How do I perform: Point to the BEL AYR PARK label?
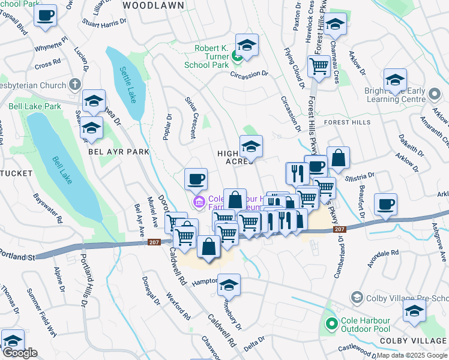point(118,152)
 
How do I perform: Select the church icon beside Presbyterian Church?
point(74,84)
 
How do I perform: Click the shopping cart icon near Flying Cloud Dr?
point(319,66)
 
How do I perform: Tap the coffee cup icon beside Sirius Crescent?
point(196,178)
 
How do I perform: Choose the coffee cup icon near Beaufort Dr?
point(385,204)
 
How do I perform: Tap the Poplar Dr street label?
point(167,127)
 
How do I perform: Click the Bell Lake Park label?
point(35,106)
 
